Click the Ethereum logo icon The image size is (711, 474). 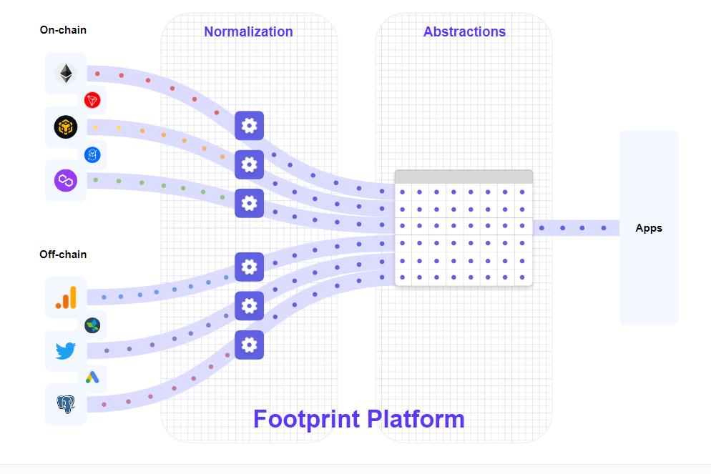point(66,73)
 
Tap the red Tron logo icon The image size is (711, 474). point(92,100)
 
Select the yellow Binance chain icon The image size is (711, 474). point(66,127)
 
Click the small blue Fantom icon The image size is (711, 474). point(92,154)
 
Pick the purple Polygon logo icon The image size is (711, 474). point(66,180)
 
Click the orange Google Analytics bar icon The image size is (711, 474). point(66,297)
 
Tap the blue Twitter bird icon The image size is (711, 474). point(66,350)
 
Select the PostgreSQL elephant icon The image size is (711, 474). point(66,405)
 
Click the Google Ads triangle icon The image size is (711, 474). point(92,377)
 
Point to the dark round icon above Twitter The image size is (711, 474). point(92,325)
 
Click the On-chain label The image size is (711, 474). point(63,30)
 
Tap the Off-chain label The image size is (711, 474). point(63,255)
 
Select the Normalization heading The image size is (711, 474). point(248,31)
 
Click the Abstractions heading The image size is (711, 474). point(464,31)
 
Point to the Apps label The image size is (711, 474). point(649,228)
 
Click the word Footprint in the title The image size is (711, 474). point(307,418)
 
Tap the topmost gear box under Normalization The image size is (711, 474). point(249,126)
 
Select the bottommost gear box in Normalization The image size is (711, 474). point(249,345)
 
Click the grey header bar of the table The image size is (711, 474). point(464,177)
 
